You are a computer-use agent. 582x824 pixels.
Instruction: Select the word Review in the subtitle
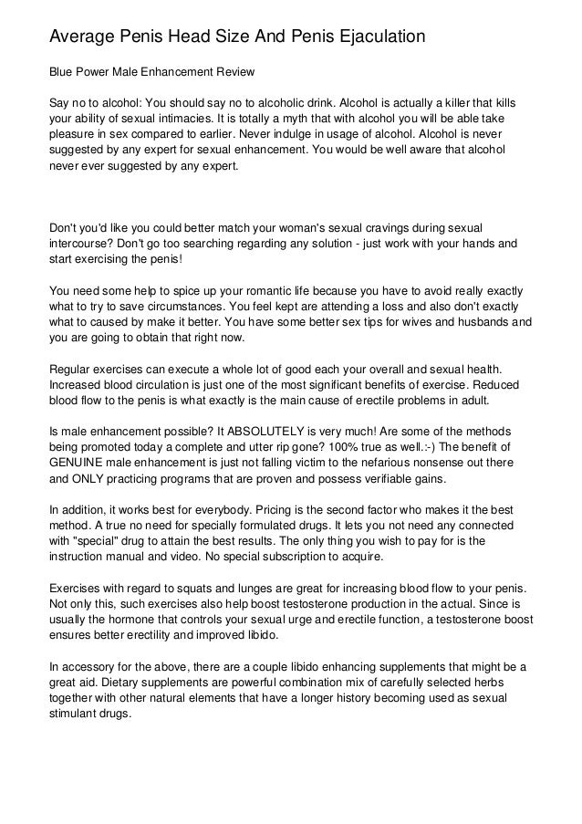[231, 71]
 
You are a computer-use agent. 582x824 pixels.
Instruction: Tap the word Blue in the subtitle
[62, 71]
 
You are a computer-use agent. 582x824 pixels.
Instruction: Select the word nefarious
[431, 463]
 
